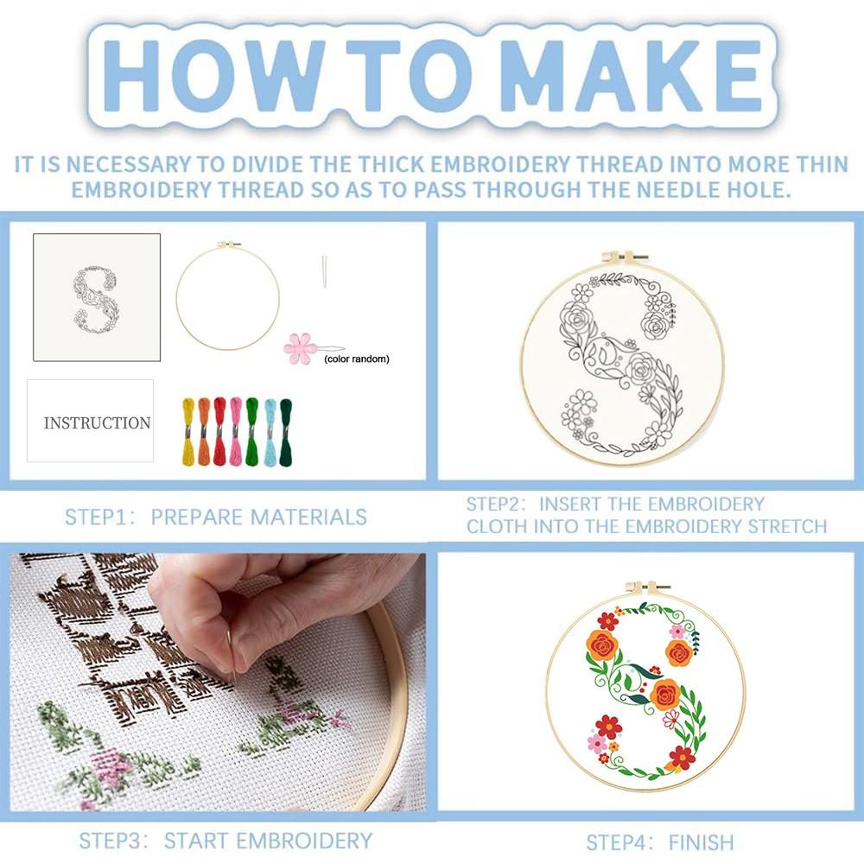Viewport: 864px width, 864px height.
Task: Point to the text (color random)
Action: point(357,359)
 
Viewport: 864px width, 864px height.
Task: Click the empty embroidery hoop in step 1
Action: point(227,295)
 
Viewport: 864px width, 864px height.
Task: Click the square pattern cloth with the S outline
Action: point(97,296)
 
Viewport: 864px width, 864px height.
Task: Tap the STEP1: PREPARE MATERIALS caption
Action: point(216,518)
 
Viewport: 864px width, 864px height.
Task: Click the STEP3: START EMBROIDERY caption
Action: point(226,840)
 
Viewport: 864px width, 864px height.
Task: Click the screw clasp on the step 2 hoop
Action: point(623,257)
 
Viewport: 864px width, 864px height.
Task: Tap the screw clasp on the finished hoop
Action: point(647,588)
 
